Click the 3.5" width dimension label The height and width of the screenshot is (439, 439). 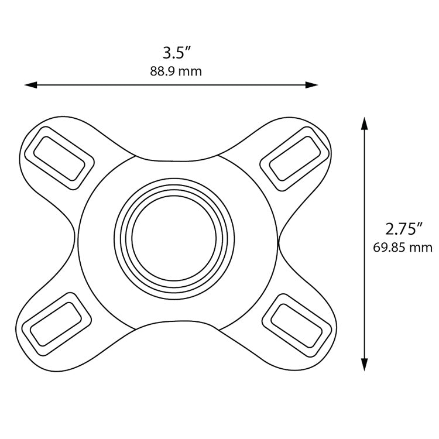pyautogui.click(x=177, y=53)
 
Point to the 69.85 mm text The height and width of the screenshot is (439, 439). pyautogui.click(x=403, y=247)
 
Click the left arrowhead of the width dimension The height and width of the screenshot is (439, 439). pyautogui.click(x=29, y=85)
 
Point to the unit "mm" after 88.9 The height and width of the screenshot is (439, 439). pyautogui.click(x=192, y=71)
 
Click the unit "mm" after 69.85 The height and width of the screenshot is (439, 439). pyautogui.click(x=420, y=247)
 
